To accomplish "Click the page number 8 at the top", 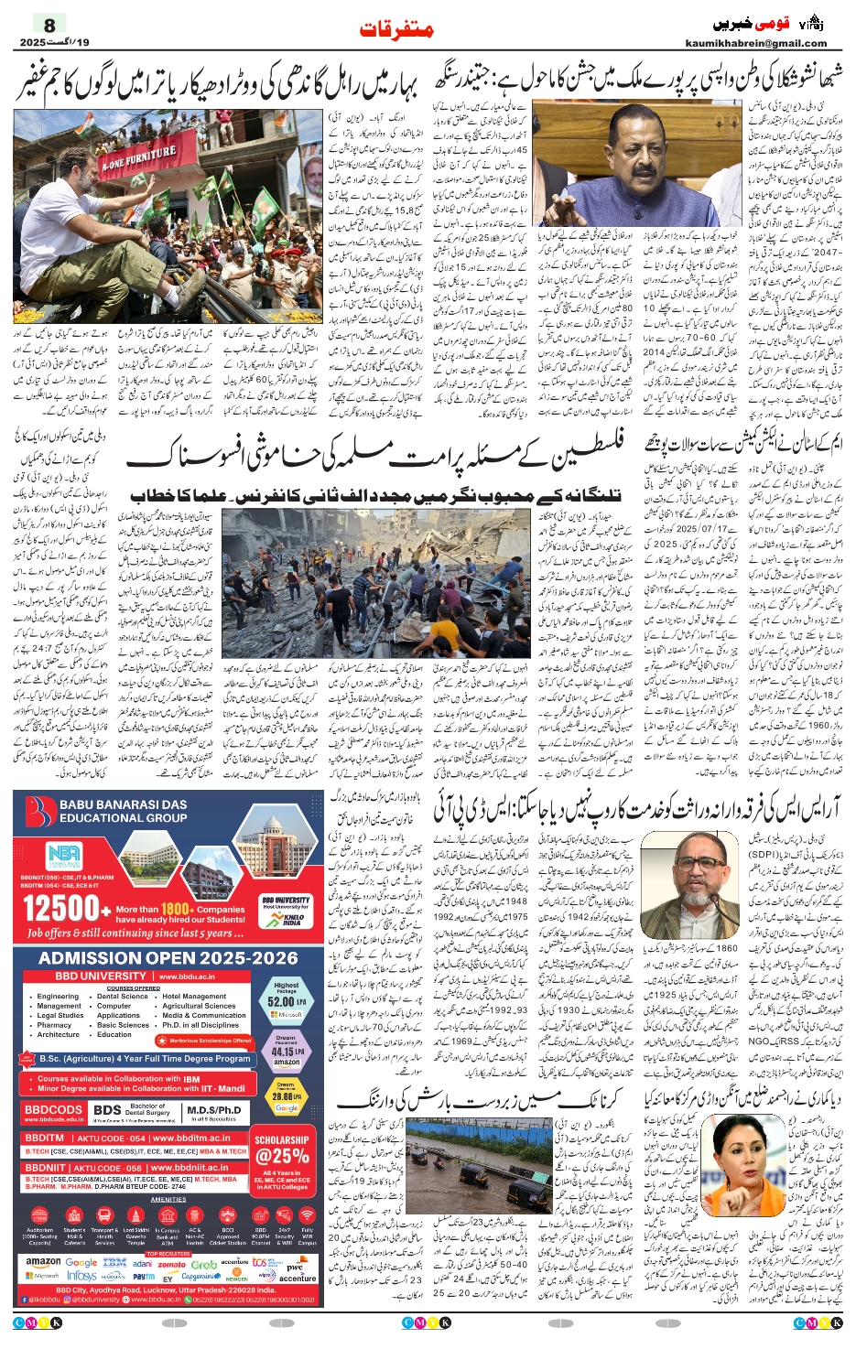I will click(x=49, y=25).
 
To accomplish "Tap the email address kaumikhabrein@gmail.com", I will click(x=755, y=43).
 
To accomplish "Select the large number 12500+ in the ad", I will click(x=60, y=909).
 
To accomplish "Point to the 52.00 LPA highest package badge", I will click(x=286, y=1000).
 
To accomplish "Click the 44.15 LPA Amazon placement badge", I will click(x=286, y=1051).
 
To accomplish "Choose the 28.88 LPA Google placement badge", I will click(x=286, y=1095).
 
